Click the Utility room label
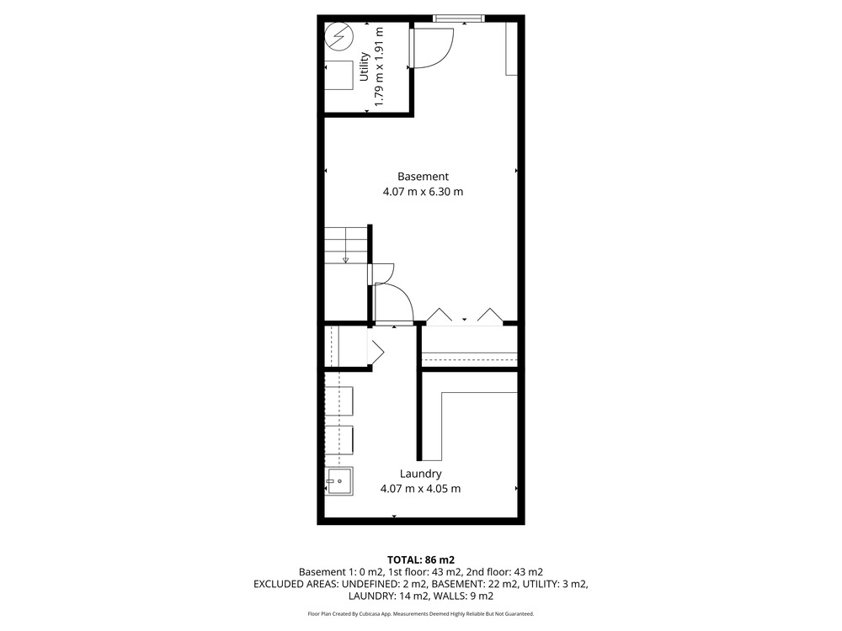click(364, 66)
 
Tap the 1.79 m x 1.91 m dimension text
click(379, 66)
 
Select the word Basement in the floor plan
click(424, 177)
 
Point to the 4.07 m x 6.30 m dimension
click(423, 192)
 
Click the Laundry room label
click(420, 474)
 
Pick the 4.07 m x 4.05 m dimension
click(420, 489)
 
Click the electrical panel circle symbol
click(339, 36)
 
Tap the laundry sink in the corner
click(339, 481)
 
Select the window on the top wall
click(459, 19)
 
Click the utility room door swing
click(432, 48)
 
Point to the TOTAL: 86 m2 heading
click(421, 560)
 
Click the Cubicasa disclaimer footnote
click(421, 614)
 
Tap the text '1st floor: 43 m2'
click(424, 572)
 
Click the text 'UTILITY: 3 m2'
click(556, 584)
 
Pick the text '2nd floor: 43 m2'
click(504, 572)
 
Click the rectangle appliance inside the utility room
click(338, 76)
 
